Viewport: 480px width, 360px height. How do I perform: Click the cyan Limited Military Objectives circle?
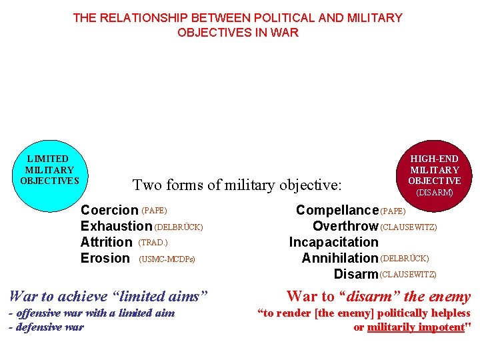coord(50,169)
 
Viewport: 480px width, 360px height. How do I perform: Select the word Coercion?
coord(109,211)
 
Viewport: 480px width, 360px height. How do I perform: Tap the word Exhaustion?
coord(116,227)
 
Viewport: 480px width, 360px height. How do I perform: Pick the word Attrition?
coord(106,243)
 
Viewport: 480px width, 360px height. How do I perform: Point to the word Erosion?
coord(105,259)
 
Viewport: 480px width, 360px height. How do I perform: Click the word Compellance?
coord(337,211)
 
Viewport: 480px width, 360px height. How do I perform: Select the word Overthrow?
coord(345,227)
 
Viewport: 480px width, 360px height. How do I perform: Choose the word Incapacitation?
coord(333,243)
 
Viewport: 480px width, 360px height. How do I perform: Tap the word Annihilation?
coord(339,259)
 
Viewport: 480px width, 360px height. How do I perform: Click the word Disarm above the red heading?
coord(355,275)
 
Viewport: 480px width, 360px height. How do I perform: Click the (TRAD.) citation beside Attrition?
coord(153,243)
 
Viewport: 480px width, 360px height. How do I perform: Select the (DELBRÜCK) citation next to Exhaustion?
coord(178,227)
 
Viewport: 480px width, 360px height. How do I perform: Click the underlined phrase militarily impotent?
coord(415,327)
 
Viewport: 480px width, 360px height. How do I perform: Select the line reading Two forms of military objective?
coord(237,185)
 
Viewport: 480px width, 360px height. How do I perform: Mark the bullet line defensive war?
coord(46,327)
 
